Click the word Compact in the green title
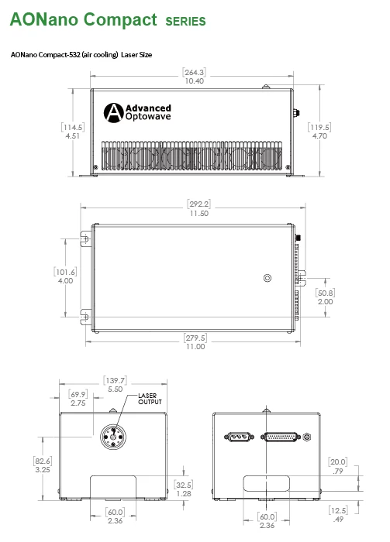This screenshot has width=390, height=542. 120,19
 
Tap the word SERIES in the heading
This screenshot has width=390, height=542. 185,22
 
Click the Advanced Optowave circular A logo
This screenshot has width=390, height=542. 113,113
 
